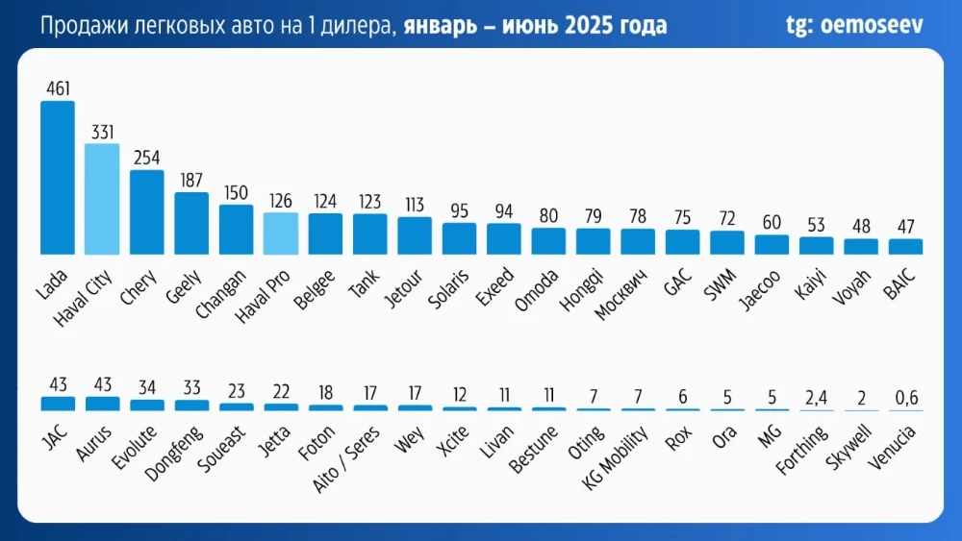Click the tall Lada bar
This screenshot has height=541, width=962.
pos(57,178)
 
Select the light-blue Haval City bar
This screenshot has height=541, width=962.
pos(102,199)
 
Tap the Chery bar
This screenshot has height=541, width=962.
pos(146,212)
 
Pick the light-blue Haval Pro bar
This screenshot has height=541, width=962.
pos(281,234)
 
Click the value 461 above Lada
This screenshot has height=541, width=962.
pos(57,89)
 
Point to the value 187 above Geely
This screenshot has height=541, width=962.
pos(191,181)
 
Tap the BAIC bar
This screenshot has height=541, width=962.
pos(905,246)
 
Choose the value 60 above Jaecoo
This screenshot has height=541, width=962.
pos(772,223)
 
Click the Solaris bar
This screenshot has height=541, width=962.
pos(459,238)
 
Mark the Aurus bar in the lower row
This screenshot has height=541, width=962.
pos(102,404)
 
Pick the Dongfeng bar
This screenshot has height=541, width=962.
pos(191,406)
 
